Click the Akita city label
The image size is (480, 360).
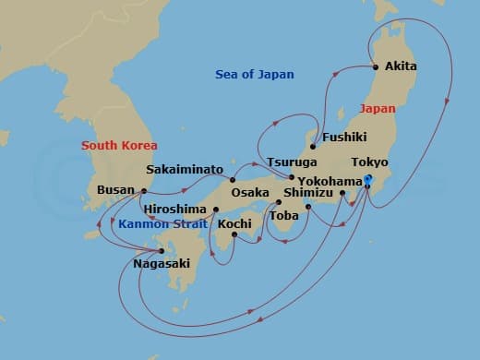click(x=402, y=66)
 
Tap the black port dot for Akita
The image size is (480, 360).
click(x=376, y=66)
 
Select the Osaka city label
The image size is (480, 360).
click(x=250, y=193)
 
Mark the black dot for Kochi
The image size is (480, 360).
click(x=234, y=234)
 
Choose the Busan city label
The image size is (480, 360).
click(x=114, y=192)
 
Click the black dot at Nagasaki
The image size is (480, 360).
click(x=162, y=250)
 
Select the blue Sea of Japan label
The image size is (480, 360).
click(x=254, y=74)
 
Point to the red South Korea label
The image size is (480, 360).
click(x=119, y=145)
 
